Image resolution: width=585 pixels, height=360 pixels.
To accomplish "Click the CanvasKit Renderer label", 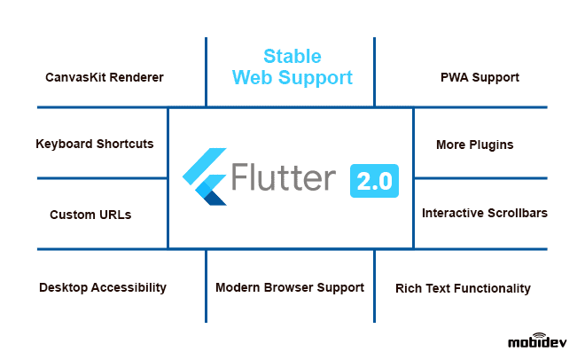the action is [x=105, y=77].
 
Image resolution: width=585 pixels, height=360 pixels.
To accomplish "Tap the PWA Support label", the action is [x=480, y=78].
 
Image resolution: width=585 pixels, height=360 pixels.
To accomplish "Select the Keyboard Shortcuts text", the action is [x=95, y=144].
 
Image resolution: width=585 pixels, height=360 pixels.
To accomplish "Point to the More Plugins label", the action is [x=474, y=145].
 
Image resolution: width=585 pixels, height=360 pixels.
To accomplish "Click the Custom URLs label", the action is [x=90, y=215].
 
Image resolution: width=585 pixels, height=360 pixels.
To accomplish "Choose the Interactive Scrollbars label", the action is [x=485, y=213].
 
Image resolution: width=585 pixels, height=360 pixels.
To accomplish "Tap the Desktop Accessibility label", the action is [x=103, y=287].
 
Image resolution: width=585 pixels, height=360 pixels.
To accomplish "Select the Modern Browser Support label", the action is [x=290, y=287].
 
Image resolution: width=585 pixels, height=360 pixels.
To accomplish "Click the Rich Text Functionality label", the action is [x=463, y=288].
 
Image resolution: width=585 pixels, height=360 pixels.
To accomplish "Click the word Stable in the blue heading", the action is [x=292, y=57].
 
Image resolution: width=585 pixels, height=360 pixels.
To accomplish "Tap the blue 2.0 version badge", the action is [x=374, y=181].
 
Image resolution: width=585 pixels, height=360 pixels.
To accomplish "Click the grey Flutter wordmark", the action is [x=284, y=176].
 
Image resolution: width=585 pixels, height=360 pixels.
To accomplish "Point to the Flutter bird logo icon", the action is [x=205, y=176].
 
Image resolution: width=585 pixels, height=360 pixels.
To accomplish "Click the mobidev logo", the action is [x=537, y=340].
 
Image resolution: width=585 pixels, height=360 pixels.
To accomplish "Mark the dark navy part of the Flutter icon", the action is [x=215, y=199].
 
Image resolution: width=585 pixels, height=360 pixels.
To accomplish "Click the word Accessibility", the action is [x=129, y=287].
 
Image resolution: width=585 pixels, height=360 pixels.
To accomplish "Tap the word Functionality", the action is [x=492, y=288].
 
